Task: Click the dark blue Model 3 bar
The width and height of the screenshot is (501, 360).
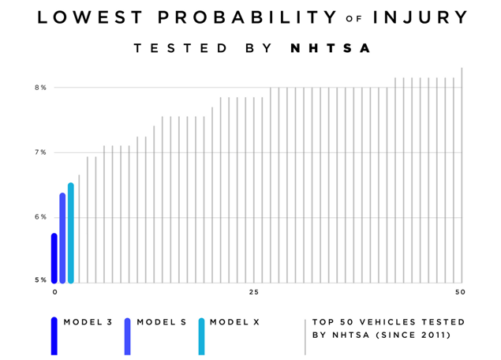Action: coord(54,258)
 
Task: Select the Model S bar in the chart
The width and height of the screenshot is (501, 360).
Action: coord(62,238)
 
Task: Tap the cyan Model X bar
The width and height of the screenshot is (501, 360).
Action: coord(71,233)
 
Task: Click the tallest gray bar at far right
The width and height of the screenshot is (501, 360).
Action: coord(462,175)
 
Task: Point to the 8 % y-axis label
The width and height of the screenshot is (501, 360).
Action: coord(40,88)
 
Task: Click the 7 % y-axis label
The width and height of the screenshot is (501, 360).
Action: coord(40,152)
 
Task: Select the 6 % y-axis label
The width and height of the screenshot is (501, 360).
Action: coord(40,217)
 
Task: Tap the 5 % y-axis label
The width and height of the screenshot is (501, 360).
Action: coord(40,280)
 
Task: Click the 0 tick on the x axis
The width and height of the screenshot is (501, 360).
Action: coord(55,293)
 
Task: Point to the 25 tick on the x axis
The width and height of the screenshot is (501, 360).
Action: coord(253,293)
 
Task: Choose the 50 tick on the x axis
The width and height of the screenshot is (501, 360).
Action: coord(461,293)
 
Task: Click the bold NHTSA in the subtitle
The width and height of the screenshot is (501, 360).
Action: coord(331,48)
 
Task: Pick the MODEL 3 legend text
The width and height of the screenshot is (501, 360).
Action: coord(88,322)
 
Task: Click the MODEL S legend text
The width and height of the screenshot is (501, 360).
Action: coord(162,322)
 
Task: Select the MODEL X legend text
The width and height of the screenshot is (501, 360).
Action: coord(234,322)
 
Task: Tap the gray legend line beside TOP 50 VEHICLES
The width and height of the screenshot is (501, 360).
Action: coord(305,337)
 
